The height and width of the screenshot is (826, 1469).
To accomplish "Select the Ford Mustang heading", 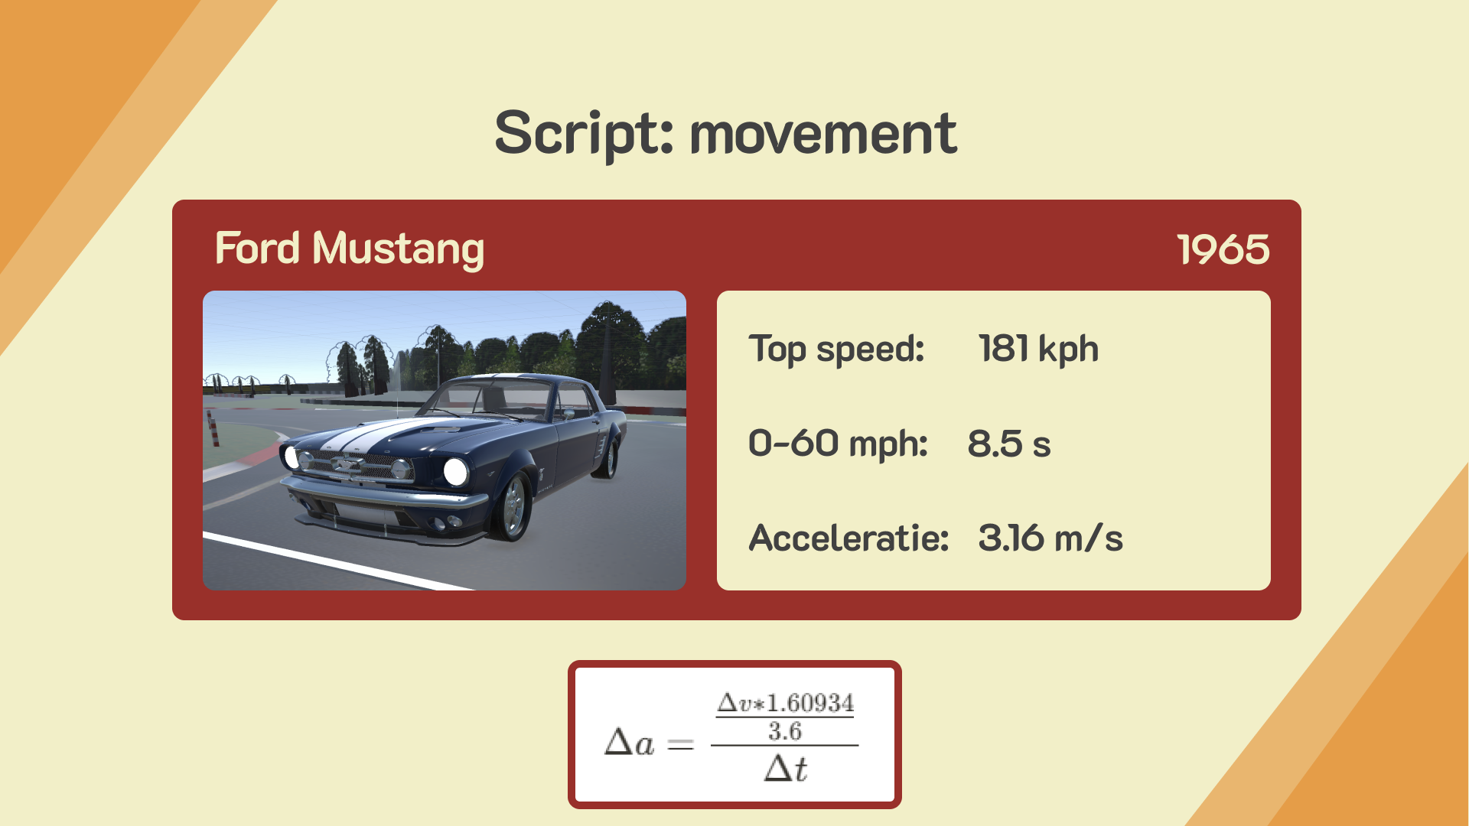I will pos(350,249).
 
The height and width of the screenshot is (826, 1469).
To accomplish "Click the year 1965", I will pos(1223,249).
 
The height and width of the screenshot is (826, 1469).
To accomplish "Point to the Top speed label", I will pos(836,350).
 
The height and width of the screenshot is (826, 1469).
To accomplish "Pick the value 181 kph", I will pos(1038,349).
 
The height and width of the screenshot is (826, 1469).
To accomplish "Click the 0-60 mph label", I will pos(838,444).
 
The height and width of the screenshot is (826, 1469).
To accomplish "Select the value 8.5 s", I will pos(1009,444).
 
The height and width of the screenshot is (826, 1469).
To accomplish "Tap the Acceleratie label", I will pos(849,538).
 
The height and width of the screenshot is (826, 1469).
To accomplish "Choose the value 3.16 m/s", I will pos(1050,538).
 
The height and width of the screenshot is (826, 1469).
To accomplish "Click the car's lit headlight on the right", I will pos(455,471).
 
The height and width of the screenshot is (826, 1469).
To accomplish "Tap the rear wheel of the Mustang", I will pos(609,457).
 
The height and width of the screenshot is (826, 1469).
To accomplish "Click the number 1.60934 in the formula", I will pos(810,702).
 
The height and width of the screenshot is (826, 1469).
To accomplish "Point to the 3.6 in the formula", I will pos(785,731).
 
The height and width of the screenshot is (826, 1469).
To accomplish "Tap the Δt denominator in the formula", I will pos(785,768).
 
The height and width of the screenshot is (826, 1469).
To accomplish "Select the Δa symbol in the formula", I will pos(629,743).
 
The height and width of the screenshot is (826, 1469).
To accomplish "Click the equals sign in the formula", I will pos(680,744).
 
